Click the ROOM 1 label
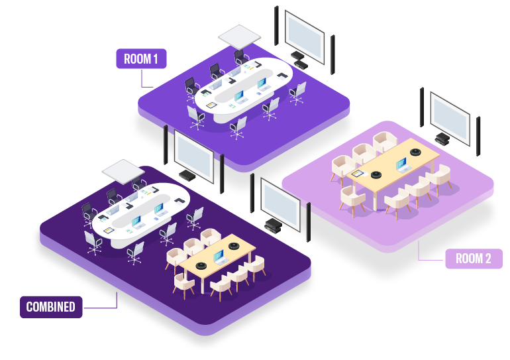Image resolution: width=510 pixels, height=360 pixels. [141, 59]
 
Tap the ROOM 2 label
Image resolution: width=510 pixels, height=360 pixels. [474, 259]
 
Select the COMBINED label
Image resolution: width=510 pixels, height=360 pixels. [51, 307]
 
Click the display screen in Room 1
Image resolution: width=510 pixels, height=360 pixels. [305, 37]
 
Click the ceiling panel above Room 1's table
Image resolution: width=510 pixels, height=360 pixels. [240, 36]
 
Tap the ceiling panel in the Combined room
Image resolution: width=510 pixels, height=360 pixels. [123, 171]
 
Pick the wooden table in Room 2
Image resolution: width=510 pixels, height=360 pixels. [391, 169]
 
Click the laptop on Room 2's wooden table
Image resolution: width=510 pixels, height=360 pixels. [402, 164]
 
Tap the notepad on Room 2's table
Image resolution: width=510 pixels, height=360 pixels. [358, 174]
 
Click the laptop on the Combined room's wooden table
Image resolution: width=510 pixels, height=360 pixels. [219, 257]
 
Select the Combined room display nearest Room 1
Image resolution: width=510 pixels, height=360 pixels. [194, 156]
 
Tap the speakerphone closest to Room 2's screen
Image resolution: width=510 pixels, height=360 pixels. [416, 152]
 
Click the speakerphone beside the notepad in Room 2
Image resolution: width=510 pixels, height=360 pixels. [376, 175]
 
